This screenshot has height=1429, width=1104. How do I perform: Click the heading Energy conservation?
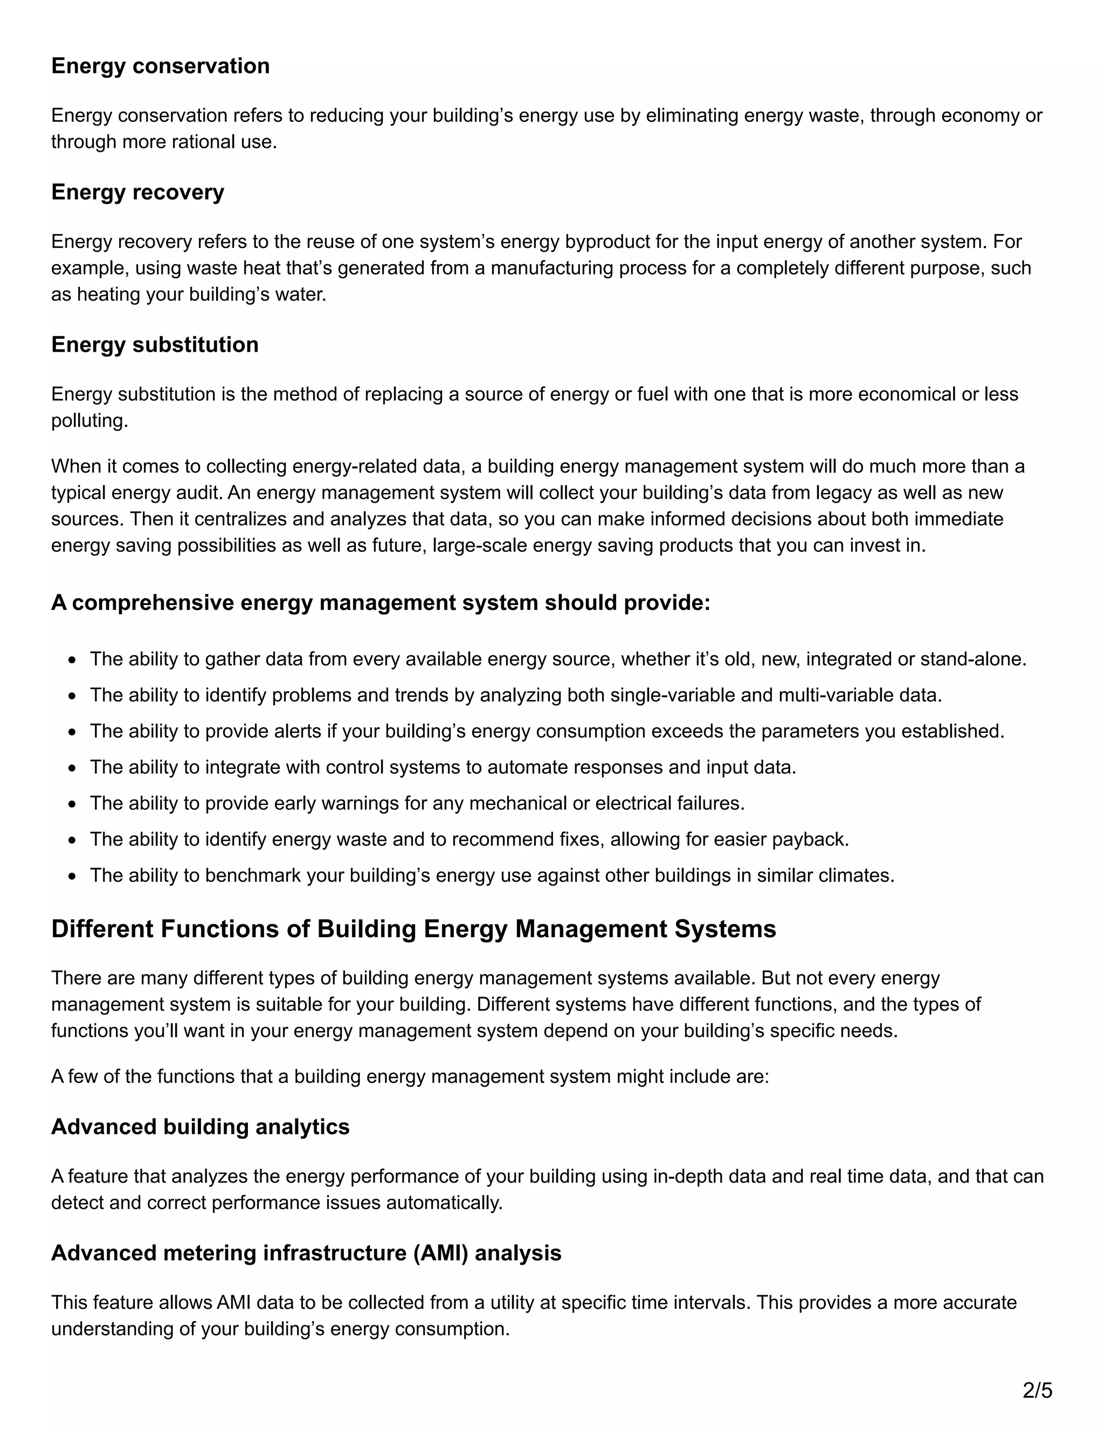click(160, 66)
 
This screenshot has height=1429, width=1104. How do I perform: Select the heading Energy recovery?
click(137, 193)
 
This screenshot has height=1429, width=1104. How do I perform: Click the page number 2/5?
click(1037, 1390)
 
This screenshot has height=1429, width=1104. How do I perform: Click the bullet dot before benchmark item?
click(72, 876)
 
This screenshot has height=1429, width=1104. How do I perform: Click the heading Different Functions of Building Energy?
click(413, 929)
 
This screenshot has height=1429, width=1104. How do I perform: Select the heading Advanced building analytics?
click(200, 1126)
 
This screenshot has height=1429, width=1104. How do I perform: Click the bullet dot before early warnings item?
click(72, 804)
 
